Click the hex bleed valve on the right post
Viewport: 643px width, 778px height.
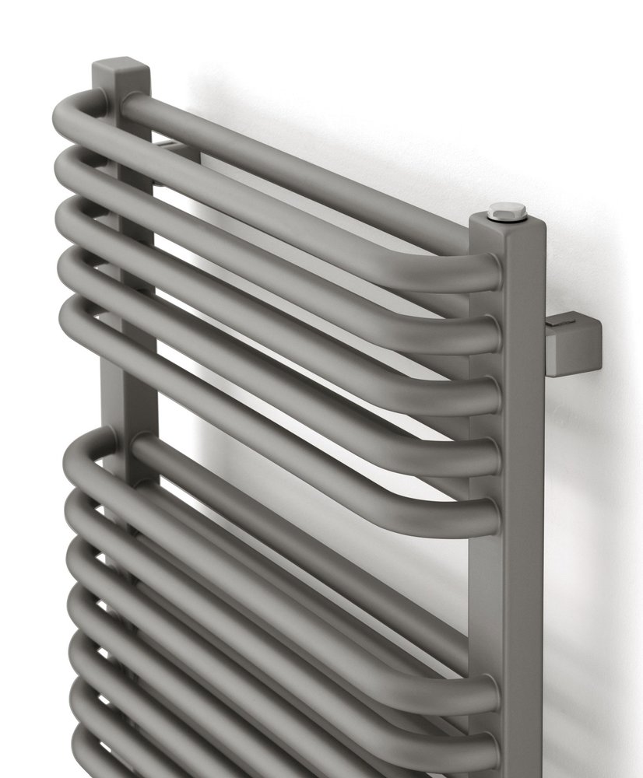click(506, 210)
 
